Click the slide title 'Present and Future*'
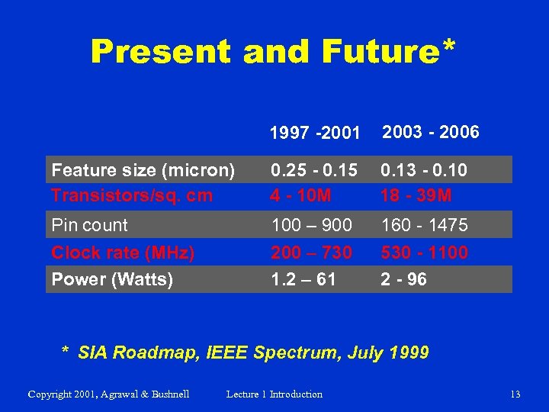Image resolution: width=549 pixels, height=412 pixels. pos(274,52)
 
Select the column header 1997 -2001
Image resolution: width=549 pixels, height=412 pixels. pos(314,134)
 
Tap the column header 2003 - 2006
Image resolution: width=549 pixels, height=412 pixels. pos(430,132)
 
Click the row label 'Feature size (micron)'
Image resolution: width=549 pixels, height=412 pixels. pos(143,170)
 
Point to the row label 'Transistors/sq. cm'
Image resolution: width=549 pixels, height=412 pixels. pos(132,195)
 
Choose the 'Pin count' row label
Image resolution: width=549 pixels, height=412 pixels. pos(89,225)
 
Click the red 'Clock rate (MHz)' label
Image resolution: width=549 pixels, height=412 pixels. pos(123,253)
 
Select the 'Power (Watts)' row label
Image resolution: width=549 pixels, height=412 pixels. pos(112,279)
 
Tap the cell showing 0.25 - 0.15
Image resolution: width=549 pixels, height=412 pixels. pos(313,170)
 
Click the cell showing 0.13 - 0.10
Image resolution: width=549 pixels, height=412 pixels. pos(424,170)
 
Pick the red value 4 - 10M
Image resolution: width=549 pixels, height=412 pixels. pos(300,195)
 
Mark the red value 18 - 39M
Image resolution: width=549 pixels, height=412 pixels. pos(416,195)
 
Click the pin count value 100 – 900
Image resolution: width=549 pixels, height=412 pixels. pos(311,225)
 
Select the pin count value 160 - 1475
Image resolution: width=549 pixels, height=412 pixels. pos(424,225)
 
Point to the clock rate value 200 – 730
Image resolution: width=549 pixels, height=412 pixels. pos(311,253)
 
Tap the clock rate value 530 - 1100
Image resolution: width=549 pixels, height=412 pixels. pos(424,253)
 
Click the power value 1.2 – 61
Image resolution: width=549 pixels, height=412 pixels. pos(303,279)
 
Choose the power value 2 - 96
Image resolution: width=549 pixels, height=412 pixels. pos(403,279)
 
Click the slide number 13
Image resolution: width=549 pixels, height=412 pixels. pos(515,394)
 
